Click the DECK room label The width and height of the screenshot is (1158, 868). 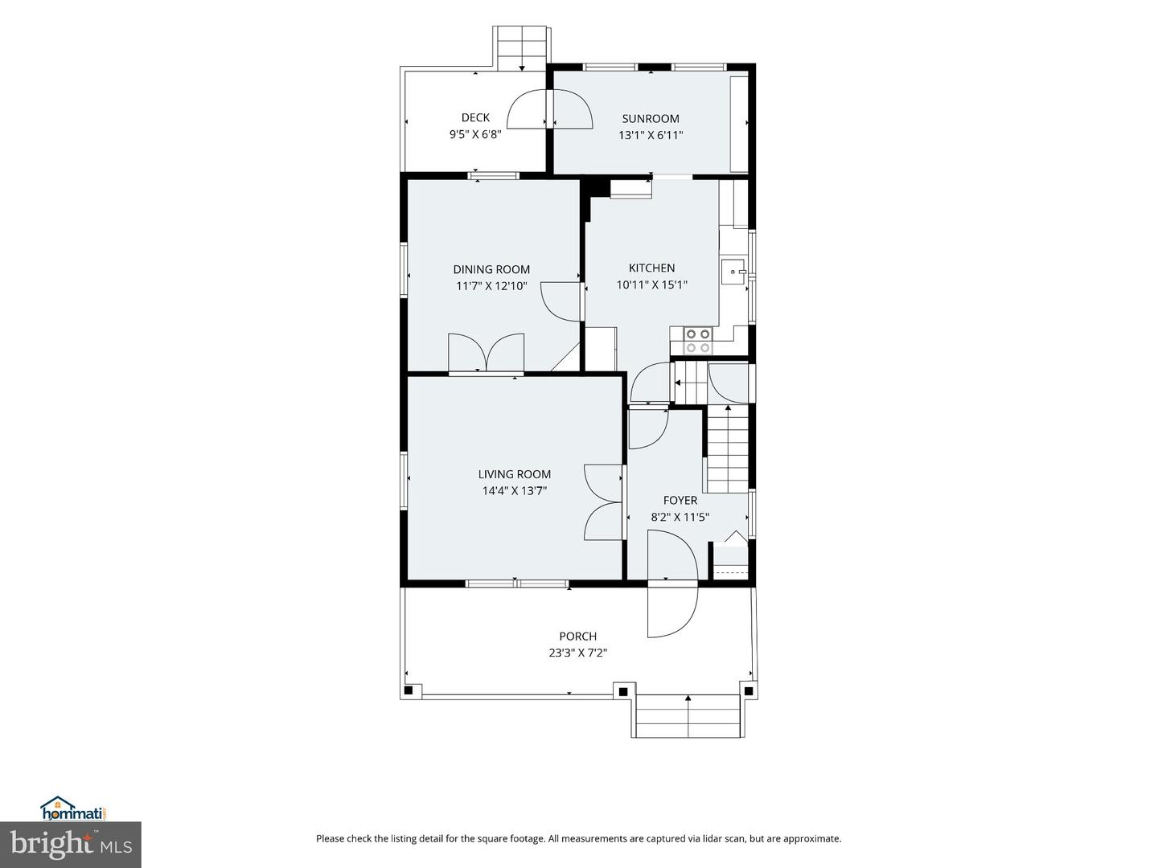point(475,117)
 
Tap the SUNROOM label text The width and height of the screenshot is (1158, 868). point(651,119)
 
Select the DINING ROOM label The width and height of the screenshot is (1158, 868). point(491,269)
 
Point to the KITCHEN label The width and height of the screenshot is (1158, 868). point(651,268)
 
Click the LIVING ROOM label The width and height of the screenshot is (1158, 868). point(515,474)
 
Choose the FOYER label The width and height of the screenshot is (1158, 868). point(680,500)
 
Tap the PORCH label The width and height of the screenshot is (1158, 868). point(577,636)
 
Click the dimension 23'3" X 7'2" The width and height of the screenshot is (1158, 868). point(577,653)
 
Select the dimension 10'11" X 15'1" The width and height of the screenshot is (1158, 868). point(651,285)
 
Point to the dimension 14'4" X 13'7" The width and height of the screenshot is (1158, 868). point(515,491)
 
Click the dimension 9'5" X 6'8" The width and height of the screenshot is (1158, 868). point(475,134)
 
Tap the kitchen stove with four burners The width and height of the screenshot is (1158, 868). point(698,341)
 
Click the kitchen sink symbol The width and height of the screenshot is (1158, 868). point(733,271)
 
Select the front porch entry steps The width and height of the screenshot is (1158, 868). point(688,715)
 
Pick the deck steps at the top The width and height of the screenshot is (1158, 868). point(522,48)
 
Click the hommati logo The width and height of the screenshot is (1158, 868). point(75,809)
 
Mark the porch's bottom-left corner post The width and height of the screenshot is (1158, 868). point(408,690)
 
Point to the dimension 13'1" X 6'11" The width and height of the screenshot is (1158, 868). point(651,136)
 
